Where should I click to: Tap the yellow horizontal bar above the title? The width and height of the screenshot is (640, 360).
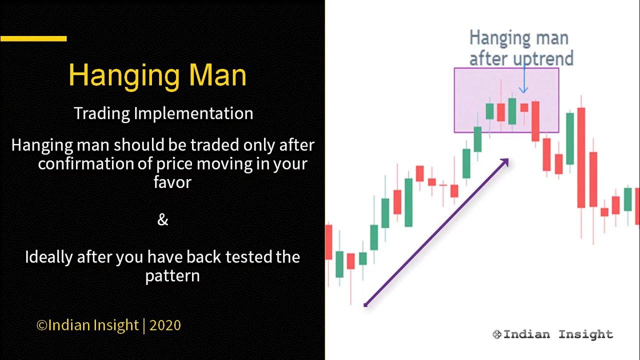coord(33,38)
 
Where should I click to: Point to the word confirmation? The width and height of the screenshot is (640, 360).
coord(97,163)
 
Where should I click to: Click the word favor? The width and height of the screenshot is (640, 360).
coord(172,181)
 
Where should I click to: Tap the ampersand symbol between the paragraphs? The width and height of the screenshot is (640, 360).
coord(163,219)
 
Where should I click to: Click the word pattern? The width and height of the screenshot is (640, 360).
coord(172,275)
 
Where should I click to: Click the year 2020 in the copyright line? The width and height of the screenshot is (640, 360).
coord(165,325)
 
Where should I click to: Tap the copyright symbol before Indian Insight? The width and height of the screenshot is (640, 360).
coord(42,325)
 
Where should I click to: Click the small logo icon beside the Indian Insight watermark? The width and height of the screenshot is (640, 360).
coord(497,334)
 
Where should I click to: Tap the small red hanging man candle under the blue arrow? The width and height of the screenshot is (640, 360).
coord(524,107)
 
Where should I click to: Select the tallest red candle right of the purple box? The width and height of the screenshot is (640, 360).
coord(581,157)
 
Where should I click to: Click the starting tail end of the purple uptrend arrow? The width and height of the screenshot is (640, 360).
coord(366,304)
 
